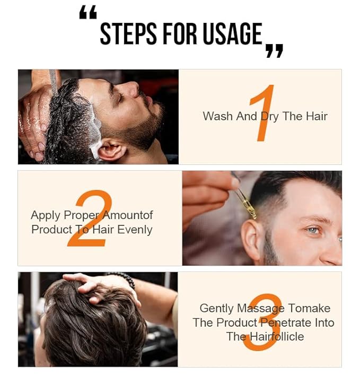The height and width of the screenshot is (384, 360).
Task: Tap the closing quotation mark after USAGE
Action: point(274,51)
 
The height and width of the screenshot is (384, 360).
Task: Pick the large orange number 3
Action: point(262,321)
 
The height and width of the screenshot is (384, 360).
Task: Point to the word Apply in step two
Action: point(46,215)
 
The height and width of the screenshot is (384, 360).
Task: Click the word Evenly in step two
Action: point(135,230)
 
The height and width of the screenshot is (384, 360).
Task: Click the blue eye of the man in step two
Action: point(314,230)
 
